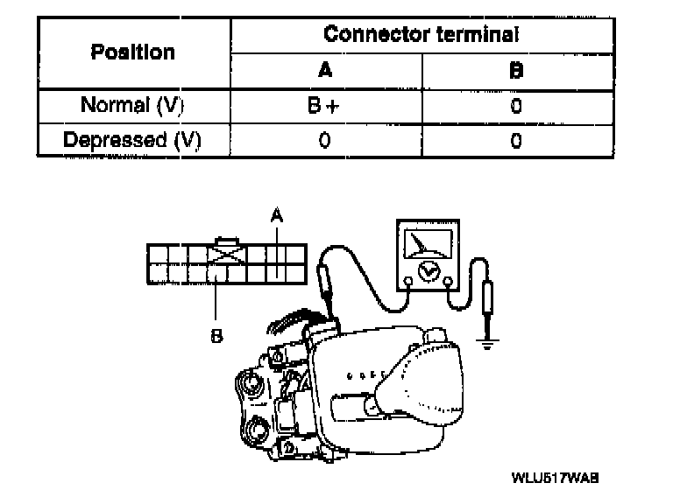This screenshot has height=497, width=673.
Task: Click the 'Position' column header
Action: point(132,52)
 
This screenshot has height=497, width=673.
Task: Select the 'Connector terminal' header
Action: point(421,34)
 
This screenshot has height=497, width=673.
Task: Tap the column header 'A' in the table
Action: point(324,71)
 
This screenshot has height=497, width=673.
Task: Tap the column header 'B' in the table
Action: point(516,71)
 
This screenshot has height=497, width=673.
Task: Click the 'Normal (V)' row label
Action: point(132,106)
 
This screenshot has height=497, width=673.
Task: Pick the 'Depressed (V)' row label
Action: point(132,140)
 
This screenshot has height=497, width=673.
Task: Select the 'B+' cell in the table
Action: point(324,106)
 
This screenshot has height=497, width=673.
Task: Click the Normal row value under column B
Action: point(516,106)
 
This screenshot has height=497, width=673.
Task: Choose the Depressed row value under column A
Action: point(324,140)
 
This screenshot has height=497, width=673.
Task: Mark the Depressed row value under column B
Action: point(516,140)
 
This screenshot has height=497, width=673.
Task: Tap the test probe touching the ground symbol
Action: point(488,302)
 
